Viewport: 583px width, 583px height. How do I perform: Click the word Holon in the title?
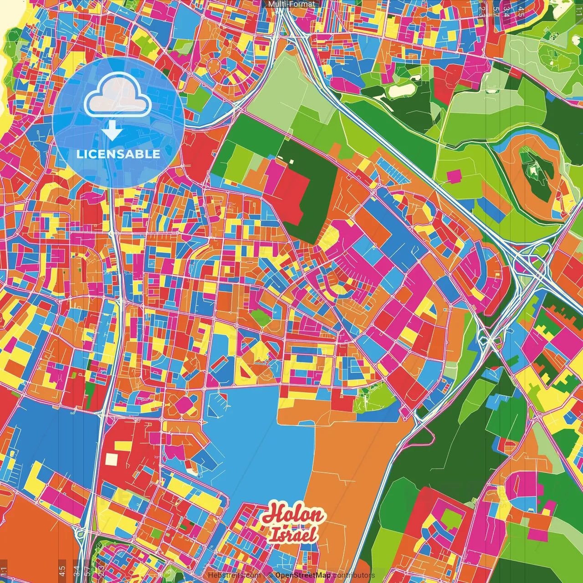pyautogui.click(x=293, y=514)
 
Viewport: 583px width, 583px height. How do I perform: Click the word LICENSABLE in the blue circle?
pyautogui.click(x=118, y=154)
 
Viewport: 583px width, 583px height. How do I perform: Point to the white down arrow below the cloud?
pyautogui.click(x=112, y=132)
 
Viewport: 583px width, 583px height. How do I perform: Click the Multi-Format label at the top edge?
pyautogui.click(x=291, y=4)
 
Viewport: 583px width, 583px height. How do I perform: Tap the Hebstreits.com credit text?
pyautogui.click(x=234, y=575)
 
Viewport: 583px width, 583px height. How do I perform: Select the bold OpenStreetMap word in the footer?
pyautogui.click(x=303, y=575)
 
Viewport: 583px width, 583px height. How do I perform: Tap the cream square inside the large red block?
pyautogui.click(x=112, y=459)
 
